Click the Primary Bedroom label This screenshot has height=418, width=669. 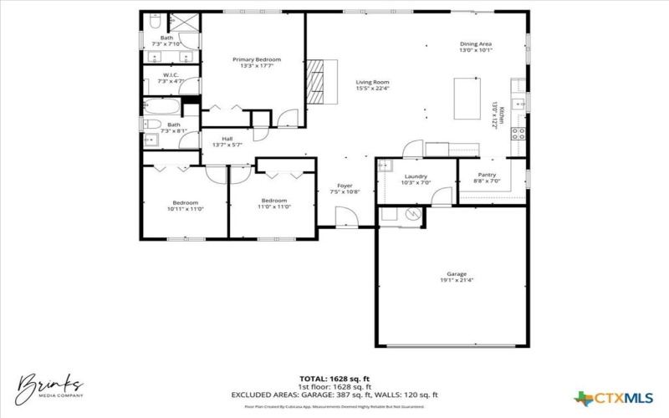tap(257, 59)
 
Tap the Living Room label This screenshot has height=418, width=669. tap(373, 82)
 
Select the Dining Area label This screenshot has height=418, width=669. tap(476, 43)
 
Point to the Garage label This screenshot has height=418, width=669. tap(456, 274)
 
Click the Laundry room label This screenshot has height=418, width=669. tap(416, 176)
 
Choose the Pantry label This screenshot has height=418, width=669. tap(487, 175)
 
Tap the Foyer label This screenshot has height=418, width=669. tap(345, 186)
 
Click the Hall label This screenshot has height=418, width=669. tap(227, 139)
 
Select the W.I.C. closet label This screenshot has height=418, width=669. tap(171, 75)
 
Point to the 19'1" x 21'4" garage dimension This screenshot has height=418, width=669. tap(456, 280)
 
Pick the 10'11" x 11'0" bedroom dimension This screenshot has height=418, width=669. tap(186, 208)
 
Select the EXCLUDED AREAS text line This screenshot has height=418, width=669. tap(335, 395)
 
